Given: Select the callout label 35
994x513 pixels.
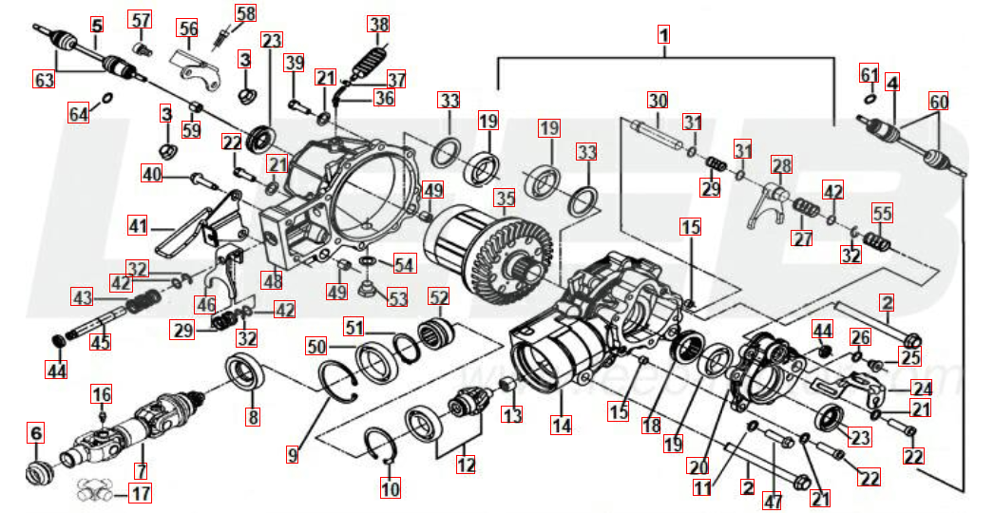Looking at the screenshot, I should pos(505,199).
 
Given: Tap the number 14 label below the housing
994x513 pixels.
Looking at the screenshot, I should pos(562,426).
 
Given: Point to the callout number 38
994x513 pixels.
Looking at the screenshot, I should pos(379,24).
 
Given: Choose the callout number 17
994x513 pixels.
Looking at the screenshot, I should pos(141,493).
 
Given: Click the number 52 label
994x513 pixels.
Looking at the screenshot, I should pos(438,297).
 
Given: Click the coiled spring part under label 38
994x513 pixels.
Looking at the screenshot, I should pos(370,65).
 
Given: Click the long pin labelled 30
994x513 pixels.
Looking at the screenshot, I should pos(656,132).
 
